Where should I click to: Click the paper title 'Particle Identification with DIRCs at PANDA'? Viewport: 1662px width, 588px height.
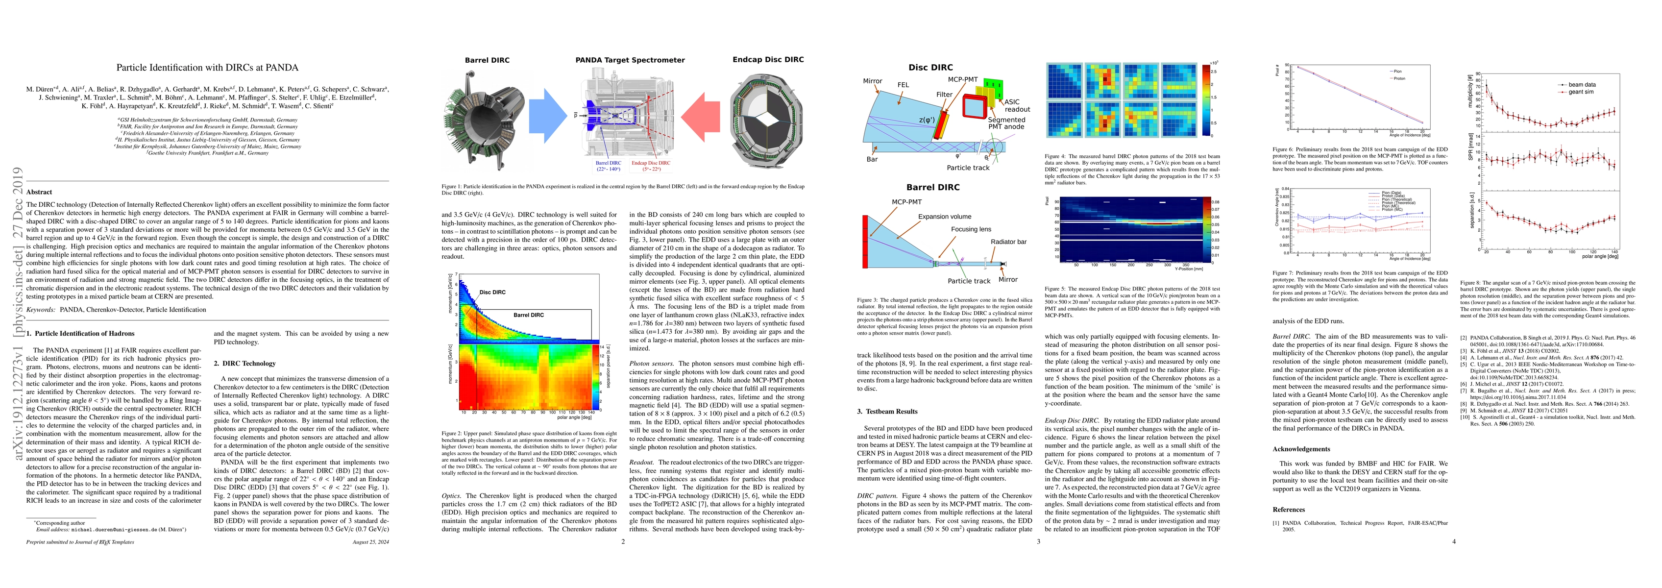(207, 67)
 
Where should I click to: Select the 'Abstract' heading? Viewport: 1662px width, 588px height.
(39, 192)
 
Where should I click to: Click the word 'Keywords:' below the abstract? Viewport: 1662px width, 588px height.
(41, 310)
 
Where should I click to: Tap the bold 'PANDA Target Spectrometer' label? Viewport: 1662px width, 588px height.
(630, 60)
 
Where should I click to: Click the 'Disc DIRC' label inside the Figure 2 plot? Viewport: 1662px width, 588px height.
(492, 293)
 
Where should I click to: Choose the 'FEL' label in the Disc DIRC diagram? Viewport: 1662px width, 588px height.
(903, 85)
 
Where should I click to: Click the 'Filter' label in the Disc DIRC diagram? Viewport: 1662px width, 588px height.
(944, 94)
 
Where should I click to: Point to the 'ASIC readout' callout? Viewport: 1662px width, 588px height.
(1016, 105)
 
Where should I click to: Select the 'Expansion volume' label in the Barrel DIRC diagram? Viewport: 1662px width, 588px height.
(945, 217)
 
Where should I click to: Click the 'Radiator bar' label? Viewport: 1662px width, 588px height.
(1008, 242)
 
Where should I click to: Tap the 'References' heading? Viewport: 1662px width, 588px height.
(1289, 509)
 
